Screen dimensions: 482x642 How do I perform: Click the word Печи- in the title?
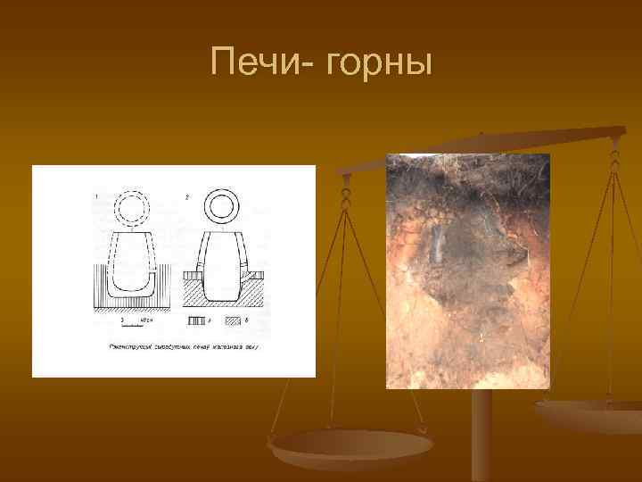pyautogui.click(x=259, y=63)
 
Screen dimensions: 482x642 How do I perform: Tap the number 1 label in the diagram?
pyautogui.click(x=95, y=195)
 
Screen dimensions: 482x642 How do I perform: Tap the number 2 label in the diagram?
pyautogui.click(x=186, y=195)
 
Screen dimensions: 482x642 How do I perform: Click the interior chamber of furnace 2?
pyautogui.click(x=222, y=268)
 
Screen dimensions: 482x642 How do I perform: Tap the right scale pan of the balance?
pyautogui.click(x=593, y=412)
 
